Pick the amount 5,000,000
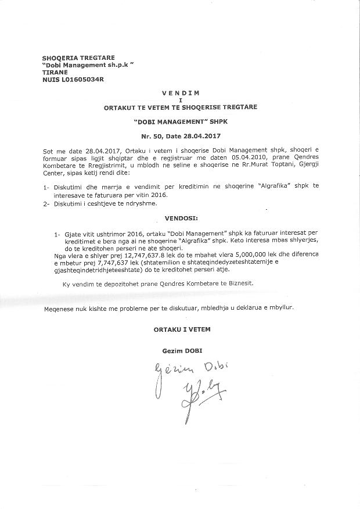[x=230, y=255]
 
